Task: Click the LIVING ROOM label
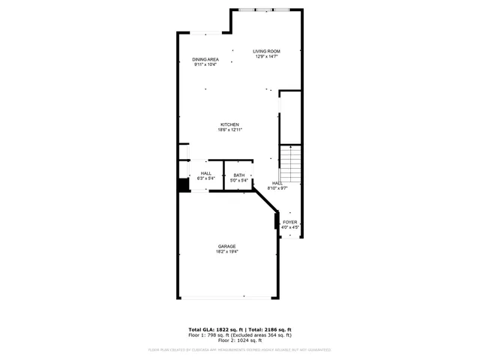coord(266,51)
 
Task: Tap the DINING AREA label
coord(205,59)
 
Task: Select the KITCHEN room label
coord(229,124)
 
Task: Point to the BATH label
coord(238,175)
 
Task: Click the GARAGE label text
coord(227,246)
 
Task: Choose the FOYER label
coord(289,222)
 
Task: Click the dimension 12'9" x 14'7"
coord(266,56)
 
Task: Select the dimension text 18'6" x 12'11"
coord(230,129)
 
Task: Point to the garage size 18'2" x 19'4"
coord(227,251)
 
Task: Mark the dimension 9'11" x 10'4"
coord(205,64)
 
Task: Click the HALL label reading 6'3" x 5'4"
coord(205,178)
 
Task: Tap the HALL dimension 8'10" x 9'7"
coord(278,188)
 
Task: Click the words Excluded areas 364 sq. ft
coord(262,334)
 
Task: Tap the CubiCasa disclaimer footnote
coord(240,349)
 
